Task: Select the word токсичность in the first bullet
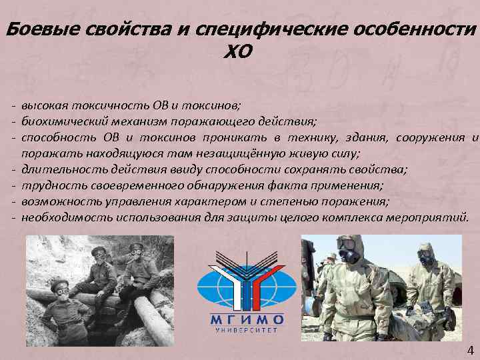[91, 105]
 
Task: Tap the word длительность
[57, 169]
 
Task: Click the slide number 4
[469, 350]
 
